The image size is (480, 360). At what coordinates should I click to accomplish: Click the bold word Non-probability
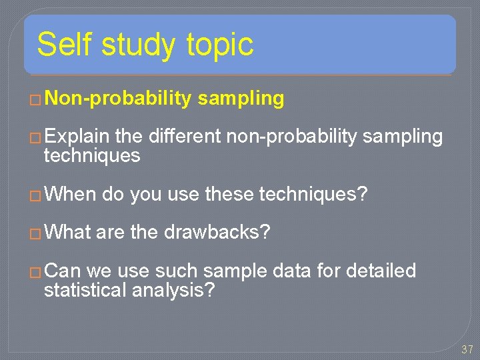(119, 99)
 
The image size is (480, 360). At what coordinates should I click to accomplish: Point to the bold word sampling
(241, 99)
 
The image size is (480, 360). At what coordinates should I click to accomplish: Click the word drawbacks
(217, 233)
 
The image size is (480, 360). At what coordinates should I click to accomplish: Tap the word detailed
(383, 271)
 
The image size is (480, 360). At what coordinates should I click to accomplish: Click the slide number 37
(467, 350)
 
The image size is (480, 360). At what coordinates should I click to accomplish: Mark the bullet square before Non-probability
(37, 100)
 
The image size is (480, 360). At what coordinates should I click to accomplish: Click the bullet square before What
(37, 233)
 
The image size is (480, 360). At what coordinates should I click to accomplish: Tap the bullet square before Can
(37, 272)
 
